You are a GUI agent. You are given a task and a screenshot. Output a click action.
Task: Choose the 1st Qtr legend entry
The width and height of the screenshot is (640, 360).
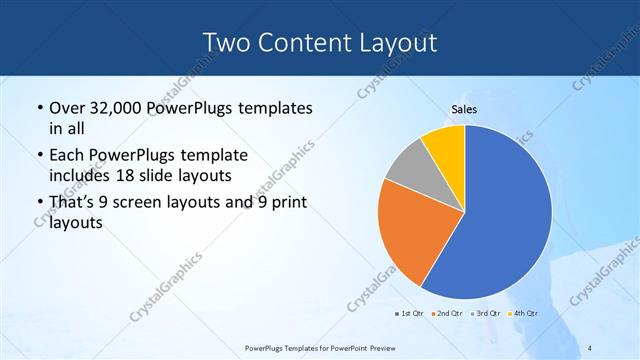tap(408, 315)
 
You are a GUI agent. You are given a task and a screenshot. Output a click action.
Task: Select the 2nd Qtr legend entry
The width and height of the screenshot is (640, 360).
tap(446, 315)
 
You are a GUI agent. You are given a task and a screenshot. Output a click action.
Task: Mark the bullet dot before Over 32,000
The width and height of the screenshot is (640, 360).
tap(39, 108)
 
